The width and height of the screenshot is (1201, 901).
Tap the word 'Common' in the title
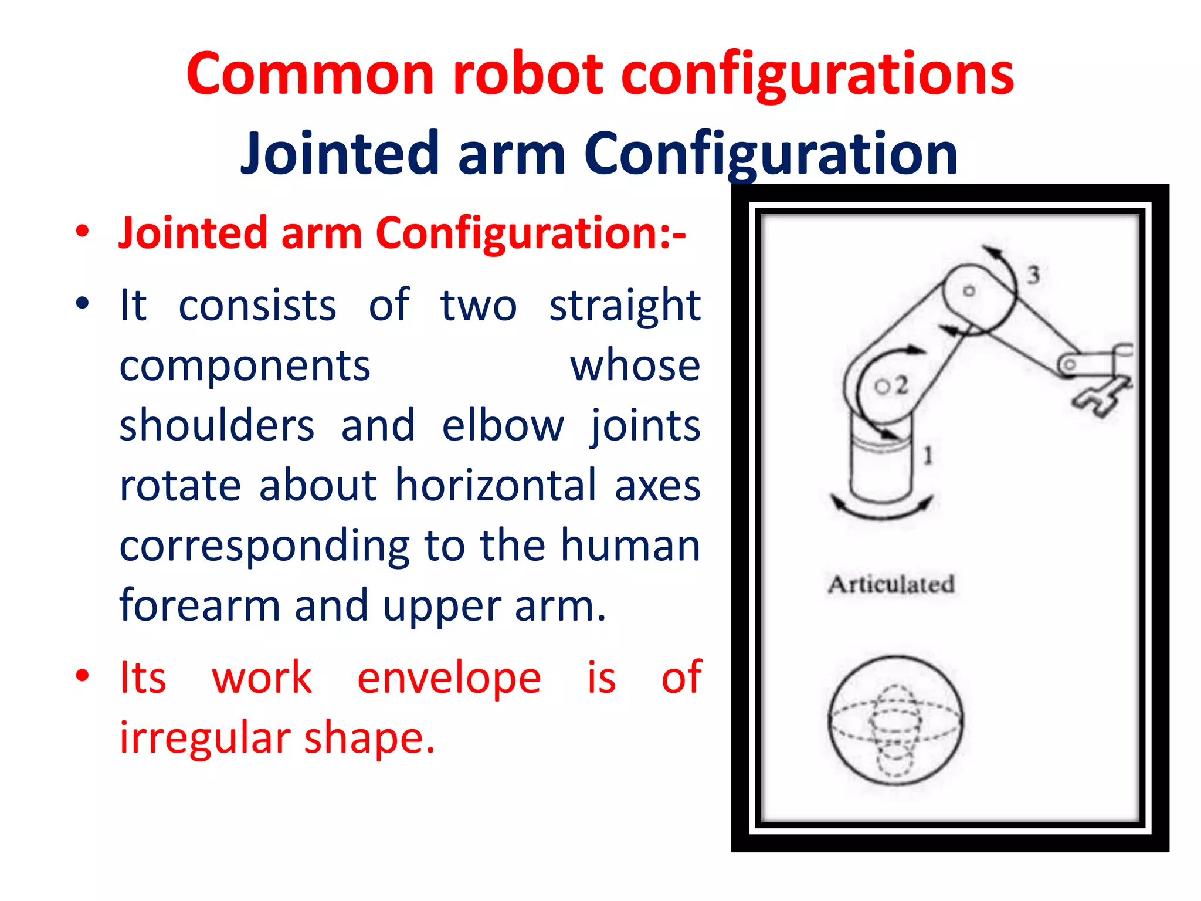[310, 74]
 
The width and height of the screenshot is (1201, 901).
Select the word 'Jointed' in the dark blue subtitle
[340, 154]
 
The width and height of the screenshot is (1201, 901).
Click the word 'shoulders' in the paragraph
[217, 425]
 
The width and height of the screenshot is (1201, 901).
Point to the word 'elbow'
[503, 425]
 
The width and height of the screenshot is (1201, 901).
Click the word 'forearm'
[199, 605]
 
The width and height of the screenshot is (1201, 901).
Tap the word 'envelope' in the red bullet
[449, 678]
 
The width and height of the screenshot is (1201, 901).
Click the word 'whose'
[635, 365]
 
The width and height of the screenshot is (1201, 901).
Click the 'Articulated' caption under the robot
[891, 584]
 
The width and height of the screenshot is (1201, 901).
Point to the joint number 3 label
[1033, 275]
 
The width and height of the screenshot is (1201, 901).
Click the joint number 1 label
[928, 455]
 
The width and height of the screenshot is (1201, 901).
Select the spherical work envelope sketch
[895, 720]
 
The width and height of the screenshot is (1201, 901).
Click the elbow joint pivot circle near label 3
[969, 291]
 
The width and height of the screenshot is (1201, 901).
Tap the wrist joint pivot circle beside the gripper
[1069, 365]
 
